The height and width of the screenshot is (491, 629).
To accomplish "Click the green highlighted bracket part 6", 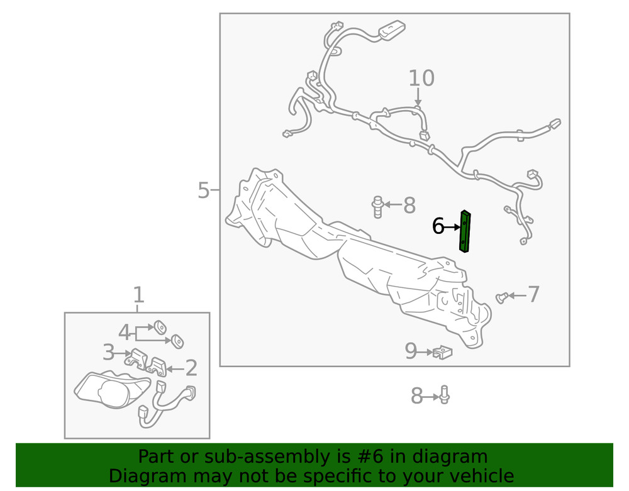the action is tap(465, 232).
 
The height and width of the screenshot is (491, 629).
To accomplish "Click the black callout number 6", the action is tap(438, 226).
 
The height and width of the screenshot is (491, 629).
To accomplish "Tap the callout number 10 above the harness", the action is tap(421, 78).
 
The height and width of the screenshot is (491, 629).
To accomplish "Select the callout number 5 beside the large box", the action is tap(203, 190).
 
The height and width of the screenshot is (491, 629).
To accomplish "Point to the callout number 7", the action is tap(533, 294).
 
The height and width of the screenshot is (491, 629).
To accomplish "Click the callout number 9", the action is tap(411, 351).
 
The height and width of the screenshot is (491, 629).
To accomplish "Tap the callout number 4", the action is tap(125, 333).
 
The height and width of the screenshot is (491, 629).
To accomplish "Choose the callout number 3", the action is tap(108, 352).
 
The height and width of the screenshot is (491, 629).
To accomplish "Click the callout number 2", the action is tap(191, 368).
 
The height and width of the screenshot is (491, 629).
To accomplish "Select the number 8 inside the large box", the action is tap(409, 205).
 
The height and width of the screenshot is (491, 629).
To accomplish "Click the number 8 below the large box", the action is tap(417, 396).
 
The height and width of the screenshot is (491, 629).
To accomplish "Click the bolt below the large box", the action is tap(445, 395).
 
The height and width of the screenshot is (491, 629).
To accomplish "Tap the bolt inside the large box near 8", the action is tap(377, 207).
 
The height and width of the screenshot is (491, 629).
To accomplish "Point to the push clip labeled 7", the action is tap(502, 298).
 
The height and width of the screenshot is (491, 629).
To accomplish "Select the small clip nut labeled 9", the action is tap(443, 352).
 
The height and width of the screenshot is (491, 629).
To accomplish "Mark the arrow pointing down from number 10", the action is tap(418, 97).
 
